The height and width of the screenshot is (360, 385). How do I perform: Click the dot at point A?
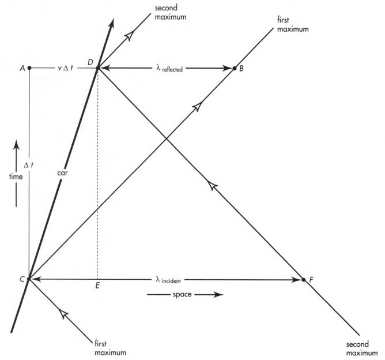pyautogui.click(x=29, y=67)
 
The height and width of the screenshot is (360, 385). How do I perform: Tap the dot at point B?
pyautogui.click(x=235, y=68)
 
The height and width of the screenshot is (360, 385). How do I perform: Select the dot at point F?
pyautogui.click(x=304, y=280)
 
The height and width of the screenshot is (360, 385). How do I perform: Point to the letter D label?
pyautogui.click(x=89, y=61)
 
